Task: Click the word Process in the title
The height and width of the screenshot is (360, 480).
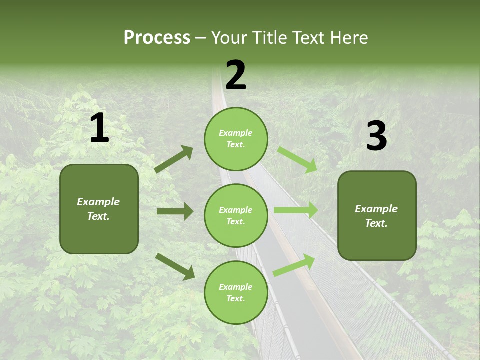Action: pos(157,38)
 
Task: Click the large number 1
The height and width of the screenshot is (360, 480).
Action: pos(99,128)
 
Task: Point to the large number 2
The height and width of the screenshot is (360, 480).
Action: pos(236,75)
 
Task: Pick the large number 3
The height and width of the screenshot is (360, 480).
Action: pos(376,136)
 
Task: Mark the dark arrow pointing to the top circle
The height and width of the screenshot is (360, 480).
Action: pos(174,159)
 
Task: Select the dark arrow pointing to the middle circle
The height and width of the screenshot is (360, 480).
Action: pos(175,211)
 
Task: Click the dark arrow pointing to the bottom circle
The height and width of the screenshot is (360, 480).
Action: pos(175,266)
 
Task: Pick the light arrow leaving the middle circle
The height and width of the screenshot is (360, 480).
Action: pos(295,210)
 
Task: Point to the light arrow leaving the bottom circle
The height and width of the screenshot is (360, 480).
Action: pos(294,265)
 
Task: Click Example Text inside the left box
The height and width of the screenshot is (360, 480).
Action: pos(98,209)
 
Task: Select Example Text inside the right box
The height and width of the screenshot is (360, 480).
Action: pos(376,216)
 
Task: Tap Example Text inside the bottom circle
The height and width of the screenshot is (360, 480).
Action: pos(235,293)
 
